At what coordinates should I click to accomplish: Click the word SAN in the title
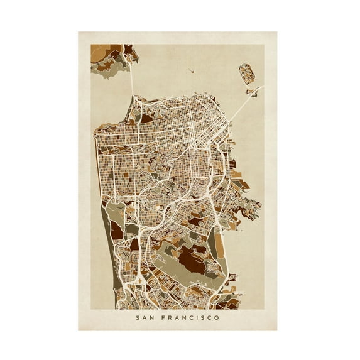pyautogui.click(x=146, y=317)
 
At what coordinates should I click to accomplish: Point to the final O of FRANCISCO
pyautogui.click(x=217, y=317)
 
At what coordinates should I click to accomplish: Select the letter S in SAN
pyautogui.click(x=138, y=317)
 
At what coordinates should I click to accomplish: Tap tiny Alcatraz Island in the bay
pyautogui.click(x=190, y=70)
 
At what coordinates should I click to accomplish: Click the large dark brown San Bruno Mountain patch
pyautogui.click(x=192, y=258)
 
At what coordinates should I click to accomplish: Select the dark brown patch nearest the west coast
pyautogui.click(x=117, y=231)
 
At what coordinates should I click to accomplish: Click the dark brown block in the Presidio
pyautogui.click(x=146, y=117)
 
